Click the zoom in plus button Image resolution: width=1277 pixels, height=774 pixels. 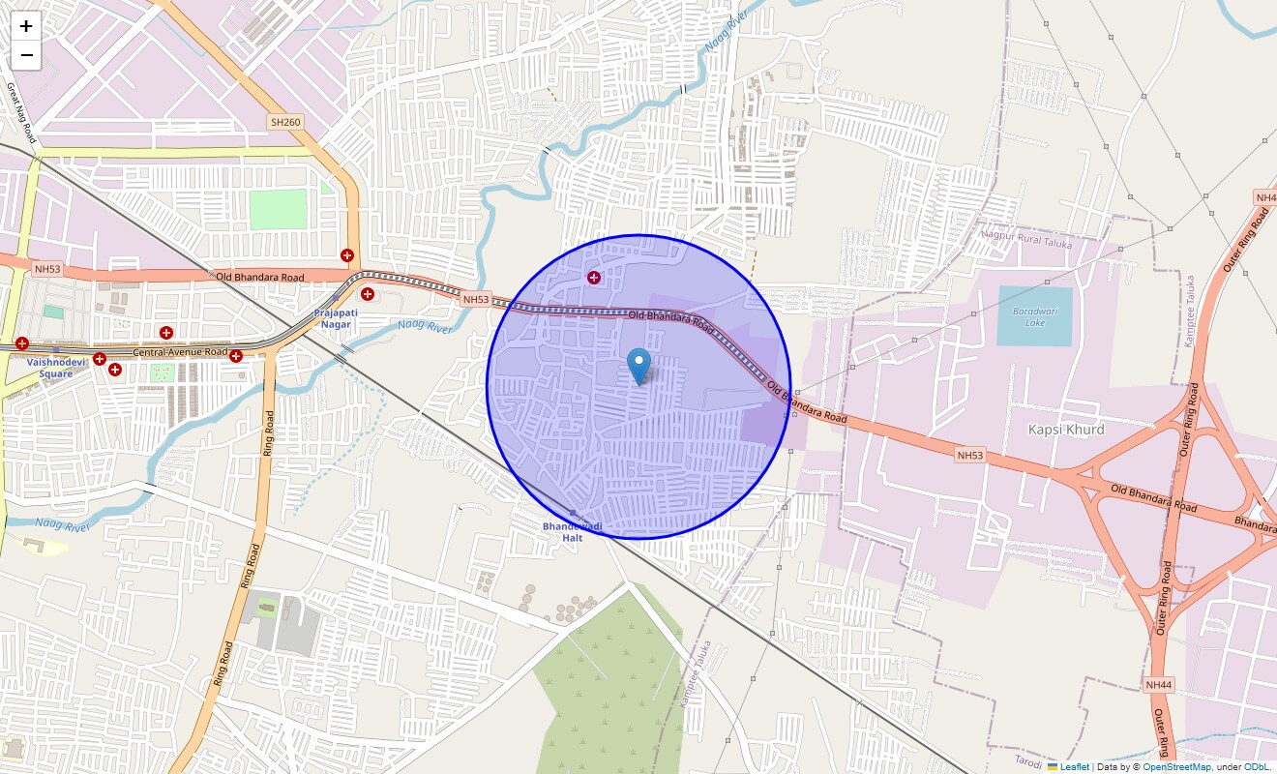click(x=26, y=26)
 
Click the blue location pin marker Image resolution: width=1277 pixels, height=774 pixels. click(x=638, y=366)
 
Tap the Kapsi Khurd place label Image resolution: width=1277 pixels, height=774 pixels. click(x=1065, y=429)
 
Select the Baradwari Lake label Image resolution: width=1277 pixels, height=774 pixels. click(x=1028, y=316)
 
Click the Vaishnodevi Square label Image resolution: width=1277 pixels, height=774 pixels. click(x=56, y=368)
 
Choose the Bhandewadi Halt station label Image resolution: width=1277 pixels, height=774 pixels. click(x=572, y=531)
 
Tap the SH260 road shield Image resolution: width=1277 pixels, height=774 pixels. click(x=284, y=122)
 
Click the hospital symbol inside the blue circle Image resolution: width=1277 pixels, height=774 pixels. click(x=594, y=278)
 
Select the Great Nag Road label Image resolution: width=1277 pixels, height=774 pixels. click(x=20, y=112)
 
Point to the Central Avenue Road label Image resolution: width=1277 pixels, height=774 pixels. click(x=180, y=352)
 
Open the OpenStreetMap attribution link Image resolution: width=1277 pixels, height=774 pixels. click(x=1176, y=766)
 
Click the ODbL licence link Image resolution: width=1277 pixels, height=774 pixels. click(x=1258, y=766)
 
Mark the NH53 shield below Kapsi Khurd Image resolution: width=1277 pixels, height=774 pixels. click(x=969, y=455)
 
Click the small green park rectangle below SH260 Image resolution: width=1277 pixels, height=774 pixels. click(x=278, y=209)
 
